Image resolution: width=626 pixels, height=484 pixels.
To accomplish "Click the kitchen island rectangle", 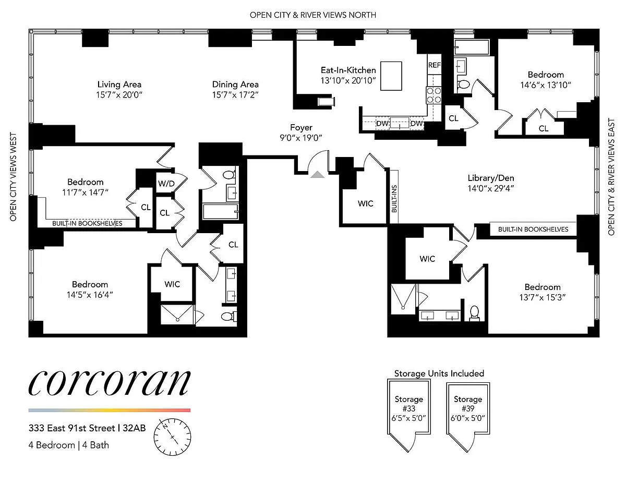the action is pyautogui.click(x=391, y=76).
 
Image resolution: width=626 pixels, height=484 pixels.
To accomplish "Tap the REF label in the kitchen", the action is pyautogui.click(x=434, y=65).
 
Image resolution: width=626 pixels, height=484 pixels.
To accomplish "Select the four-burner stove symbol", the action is pyautogui.click(x=434, y=95).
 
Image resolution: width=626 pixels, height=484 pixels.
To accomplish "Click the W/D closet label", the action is pyautogui.click(x=166, y=184).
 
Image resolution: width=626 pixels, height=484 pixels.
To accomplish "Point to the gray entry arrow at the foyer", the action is pyautogui.click(x=317, y=175).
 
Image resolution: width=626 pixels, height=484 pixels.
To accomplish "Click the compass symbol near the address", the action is pyautogui.click(x=172, y=437).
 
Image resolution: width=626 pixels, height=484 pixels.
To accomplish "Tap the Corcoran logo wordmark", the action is pyautogui.click(x=110, y=383).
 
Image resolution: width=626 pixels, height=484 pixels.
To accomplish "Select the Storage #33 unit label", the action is pyautogui.click(x=409, y=408).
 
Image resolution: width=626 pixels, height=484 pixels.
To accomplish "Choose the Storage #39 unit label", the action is pyautogui.click(x=468, y=408).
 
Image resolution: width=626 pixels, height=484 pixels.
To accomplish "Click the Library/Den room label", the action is pyautogui.click(x=491, y=178).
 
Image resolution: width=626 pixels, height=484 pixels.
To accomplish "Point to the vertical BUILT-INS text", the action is pyautogui.click(x=394, y=199).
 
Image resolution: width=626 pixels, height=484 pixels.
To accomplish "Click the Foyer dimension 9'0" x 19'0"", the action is pyautogui.click(x=301, y=138).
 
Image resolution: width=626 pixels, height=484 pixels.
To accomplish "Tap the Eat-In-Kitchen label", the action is pyautogui.click(x=348, y=70).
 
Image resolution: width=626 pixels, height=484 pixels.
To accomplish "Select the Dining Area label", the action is pyautogui.click(x=235, y=84).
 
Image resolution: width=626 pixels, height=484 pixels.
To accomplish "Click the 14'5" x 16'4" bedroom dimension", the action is pyautogui.click(x=90, y=295).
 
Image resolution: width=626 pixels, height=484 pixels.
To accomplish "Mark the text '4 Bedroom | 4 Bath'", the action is pyautogui.click(x=69, y=445).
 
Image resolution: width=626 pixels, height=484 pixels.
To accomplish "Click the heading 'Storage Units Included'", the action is pyautogui.click(x=439, y=373).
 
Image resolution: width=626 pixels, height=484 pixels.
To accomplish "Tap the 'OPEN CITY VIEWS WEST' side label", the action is pyautogui.click(x=13, y=177).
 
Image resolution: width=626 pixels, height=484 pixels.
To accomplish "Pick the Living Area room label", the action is pyautogui.click(x=119, y=84).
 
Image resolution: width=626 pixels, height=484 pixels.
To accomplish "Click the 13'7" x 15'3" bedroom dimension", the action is pyautogui.click(x=543, y=297).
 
